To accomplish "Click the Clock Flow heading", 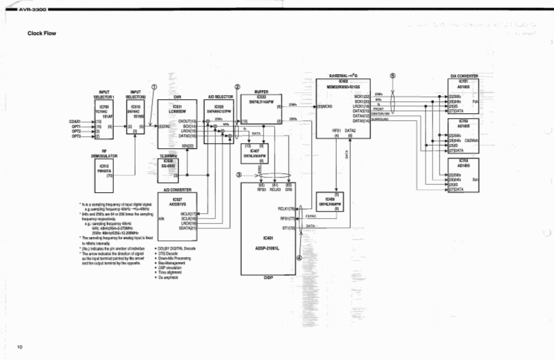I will click(41, 33).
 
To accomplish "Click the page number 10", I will click(20, 347).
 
